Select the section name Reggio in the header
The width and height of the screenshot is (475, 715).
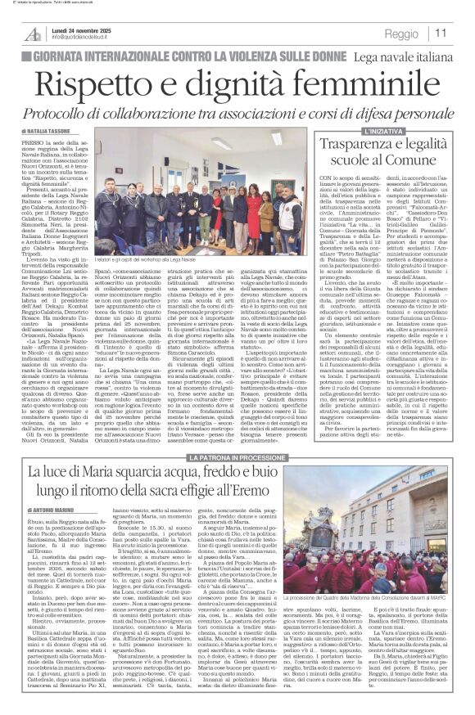pos(402,34)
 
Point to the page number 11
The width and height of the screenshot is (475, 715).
pos(441,34)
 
